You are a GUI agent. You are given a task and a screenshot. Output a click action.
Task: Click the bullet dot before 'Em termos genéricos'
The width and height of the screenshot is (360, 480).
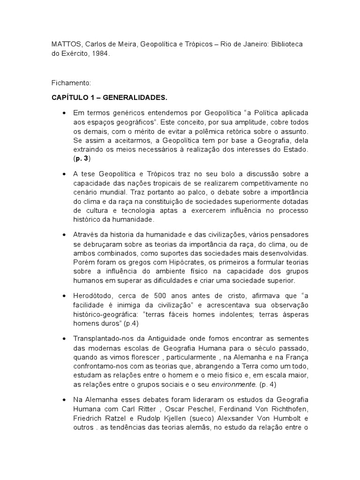63,113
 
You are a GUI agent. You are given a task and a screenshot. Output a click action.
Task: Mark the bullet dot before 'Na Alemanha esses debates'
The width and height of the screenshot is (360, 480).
63,400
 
